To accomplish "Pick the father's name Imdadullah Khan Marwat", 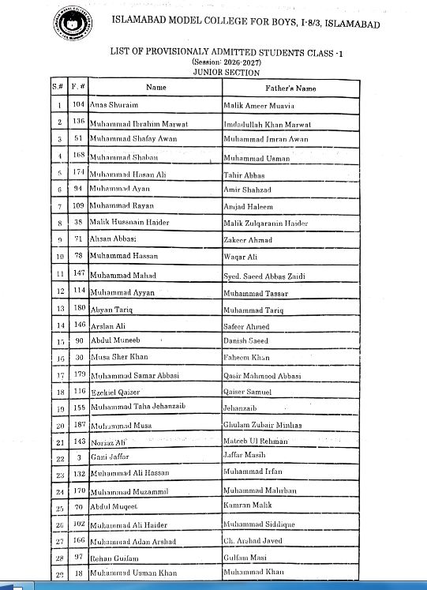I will point(268,125).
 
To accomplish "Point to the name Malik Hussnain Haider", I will point(129,223).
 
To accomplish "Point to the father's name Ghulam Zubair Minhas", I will point(263,425).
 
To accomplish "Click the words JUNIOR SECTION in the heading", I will point(226,73).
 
